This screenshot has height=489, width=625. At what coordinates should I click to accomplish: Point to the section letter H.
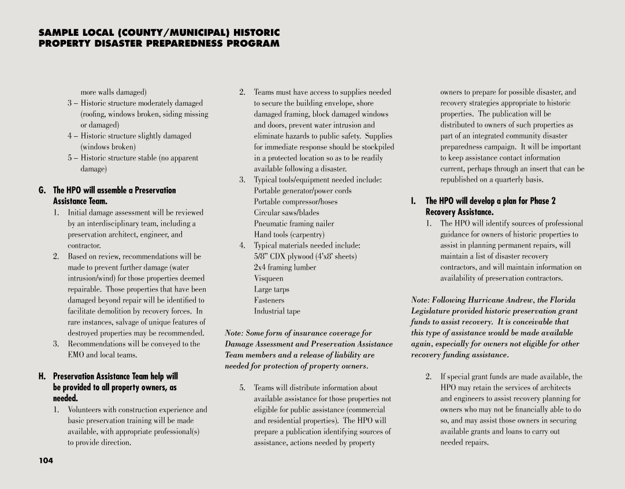point(43,376)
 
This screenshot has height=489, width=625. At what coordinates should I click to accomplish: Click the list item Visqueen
point(269,278)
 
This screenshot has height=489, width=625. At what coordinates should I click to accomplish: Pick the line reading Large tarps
point(271,289)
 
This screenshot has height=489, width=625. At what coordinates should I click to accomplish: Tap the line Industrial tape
point(277,311)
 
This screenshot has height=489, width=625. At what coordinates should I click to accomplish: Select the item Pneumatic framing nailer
point(294,223)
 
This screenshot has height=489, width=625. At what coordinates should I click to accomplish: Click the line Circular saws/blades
point(287,212)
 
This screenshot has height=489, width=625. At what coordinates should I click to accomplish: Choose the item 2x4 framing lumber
point(285,267)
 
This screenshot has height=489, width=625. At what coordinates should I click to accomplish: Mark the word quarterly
point(511,180)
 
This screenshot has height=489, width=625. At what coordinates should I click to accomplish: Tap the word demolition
point(118,311)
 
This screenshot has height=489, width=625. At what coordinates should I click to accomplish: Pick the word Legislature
point(432,311)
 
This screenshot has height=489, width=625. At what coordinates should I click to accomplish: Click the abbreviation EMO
point(76,355)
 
